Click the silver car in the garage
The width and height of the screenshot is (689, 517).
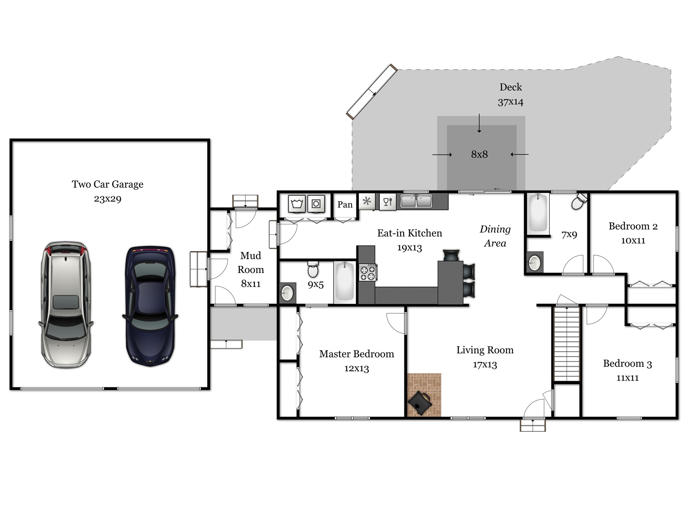66,305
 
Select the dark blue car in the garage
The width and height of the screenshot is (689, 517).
150,306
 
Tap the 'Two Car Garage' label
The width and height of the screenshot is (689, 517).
108,184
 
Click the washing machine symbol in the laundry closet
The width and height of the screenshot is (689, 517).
297,204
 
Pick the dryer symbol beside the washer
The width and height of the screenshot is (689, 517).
316,204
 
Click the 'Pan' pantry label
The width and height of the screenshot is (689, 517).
345,205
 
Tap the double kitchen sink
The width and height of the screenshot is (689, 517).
416,201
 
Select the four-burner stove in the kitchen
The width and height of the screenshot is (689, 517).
368,272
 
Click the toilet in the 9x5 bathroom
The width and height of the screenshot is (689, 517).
313,269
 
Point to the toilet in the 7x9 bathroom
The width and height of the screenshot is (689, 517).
579,201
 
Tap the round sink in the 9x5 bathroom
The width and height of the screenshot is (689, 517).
287,292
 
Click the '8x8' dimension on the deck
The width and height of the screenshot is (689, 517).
479,154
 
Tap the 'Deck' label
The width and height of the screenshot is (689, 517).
511,87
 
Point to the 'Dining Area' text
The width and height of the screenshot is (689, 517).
495,236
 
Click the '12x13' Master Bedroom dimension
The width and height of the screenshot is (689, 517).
357,369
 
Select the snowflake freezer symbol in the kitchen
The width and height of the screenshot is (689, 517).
367,201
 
